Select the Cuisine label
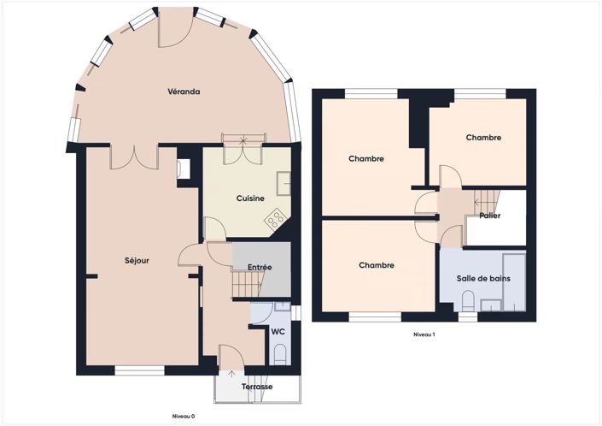point(250,198)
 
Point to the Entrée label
point(260,267)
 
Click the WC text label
point(278,332)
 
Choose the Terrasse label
point(257,388)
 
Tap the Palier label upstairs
point(489,216)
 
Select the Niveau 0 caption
point(184,416)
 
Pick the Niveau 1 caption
point(424,334)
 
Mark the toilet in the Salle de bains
point(467,300)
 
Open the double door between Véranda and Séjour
point(134,156)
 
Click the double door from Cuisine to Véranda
point(244,151)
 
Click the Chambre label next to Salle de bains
point(377,265)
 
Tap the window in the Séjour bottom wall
point(139,370)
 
